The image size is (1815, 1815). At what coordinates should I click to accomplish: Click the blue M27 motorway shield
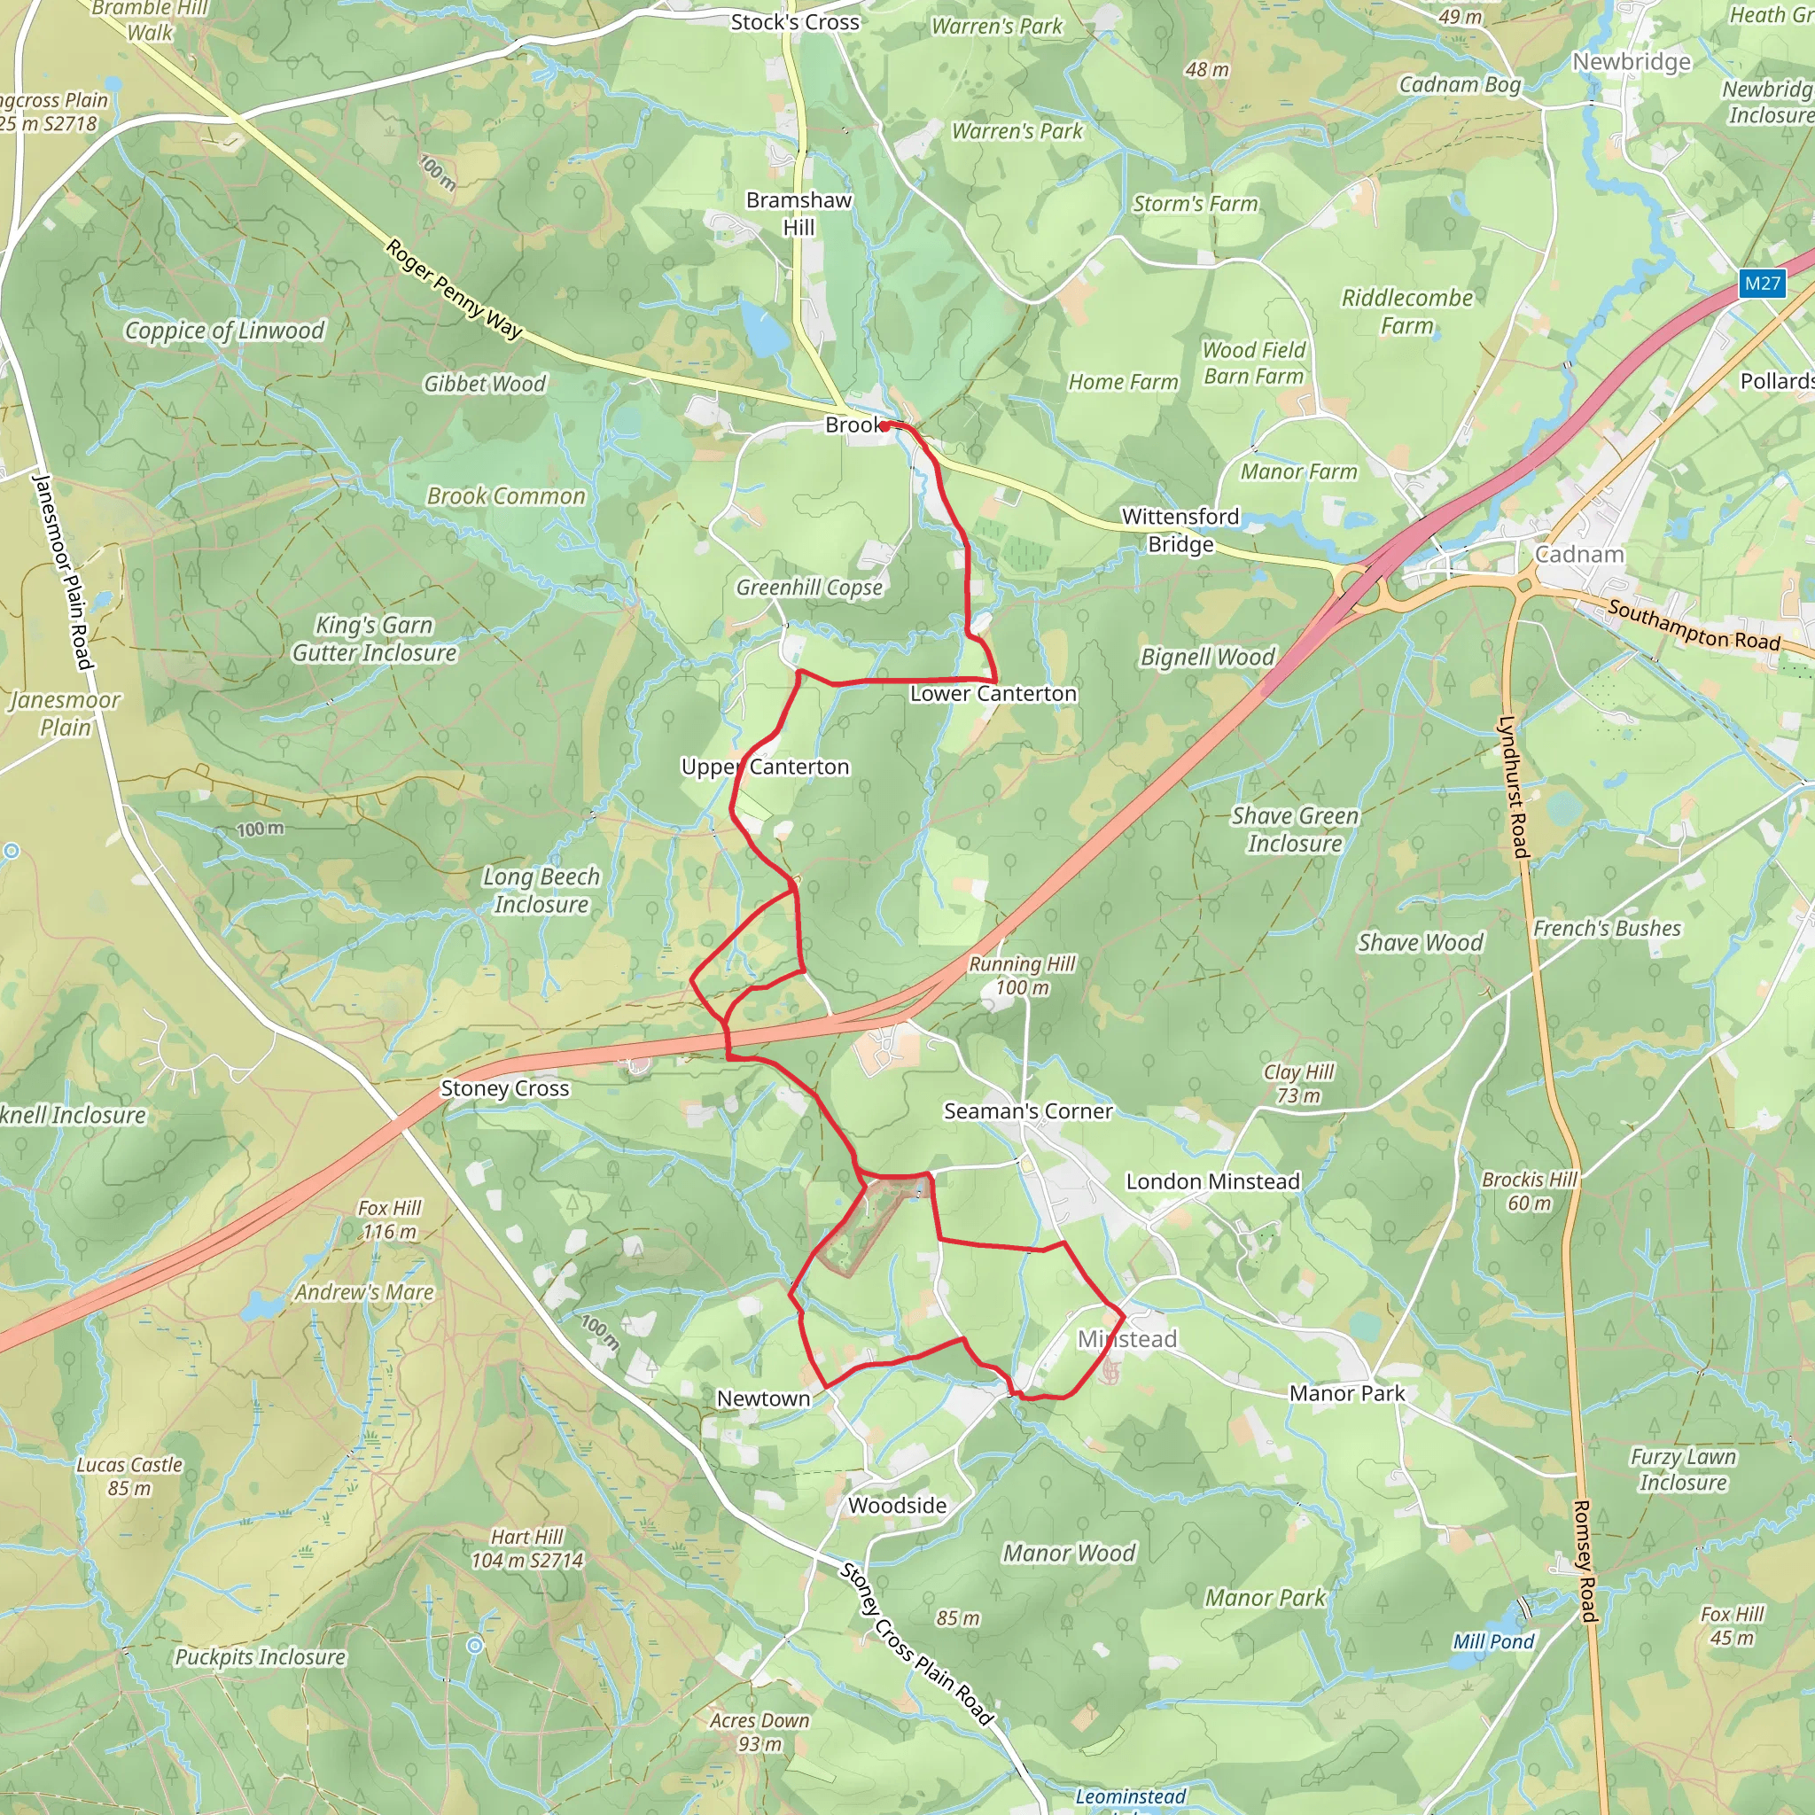coord(1762,284)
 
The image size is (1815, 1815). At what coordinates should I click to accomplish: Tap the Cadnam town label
coord(1579,554)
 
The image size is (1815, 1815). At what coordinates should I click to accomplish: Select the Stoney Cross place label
coord(504,1089)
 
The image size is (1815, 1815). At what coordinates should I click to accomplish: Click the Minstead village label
coord(1126,1339)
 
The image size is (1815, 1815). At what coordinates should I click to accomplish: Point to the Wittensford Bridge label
coord(1180,530)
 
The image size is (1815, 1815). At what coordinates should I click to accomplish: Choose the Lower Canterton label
coord(993,693)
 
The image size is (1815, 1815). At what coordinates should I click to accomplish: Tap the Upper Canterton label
coord(765,767)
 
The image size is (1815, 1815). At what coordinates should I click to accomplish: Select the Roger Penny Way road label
coord(454,289)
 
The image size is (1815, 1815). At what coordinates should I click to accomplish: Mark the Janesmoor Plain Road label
coord(63,573)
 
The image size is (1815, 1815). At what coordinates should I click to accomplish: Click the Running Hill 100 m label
coord(1022,975)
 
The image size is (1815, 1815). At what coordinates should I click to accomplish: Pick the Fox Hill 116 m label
coord(390,1219)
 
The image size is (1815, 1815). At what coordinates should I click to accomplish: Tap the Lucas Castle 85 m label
coord(129,1476)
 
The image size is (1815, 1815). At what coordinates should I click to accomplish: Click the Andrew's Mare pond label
coord(364,1293)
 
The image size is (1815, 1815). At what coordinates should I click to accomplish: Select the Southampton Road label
coord(1694,626)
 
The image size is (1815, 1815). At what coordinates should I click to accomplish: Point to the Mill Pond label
coord(1492,1641)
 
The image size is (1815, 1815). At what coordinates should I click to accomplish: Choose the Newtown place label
coord(763,1398)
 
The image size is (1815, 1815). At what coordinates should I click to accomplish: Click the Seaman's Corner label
coord(1028,1111)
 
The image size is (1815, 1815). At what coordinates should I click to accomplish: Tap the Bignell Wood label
coord(1207,657)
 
